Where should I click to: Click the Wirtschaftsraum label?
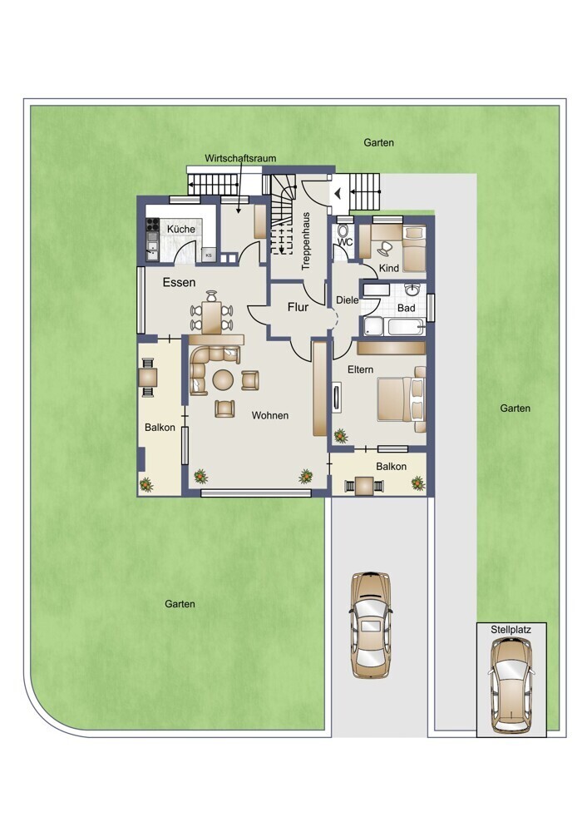pyautogui.click(x=240, y=158)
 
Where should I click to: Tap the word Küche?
pyautogui.click(x=180, y=230)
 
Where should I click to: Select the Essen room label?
pyautogui.click(x=180, y=282)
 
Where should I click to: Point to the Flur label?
pyautogui.click(x=298, y=307)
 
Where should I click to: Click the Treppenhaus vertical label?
pyautogui.click(x=305, y=242)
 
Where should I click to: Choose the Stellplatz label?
pyautogui.click(x=511, y=630)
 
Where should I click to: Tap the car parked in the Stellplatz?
pyautogui.click(x=511, y=685)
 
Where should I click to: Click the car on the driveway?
pyautogui.click(x=371, y=625)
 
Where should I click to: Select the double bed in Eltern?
pyautogui.click(x=402, y=399)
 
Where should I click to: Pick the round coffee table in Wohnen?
pyautogui.click(x=223, y=380)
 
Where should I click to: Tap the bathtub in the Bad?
pyautogui.click(x=406, y=326)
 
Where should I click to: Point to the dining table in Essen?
pyautogui.click(x=211, y=317)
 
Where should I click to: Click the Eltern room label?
pyautogui.click(x=361, y=369)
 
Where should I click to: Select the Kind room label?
pyautogui.click(x=388, y=269)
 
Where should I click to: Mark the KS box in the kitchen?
pyautogui.click(x=209, y=255)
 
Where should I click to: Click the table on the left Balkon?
pyautogui.click(x=148, y=377)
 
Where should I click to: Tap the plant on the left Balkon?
pyautogui.click(x=146, y=484)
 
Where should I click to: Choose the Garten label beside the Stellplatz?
pyautogui.click(x=515, y=408)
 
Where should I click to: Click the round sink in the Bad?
pyautogui.click(x=412, y=290)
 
